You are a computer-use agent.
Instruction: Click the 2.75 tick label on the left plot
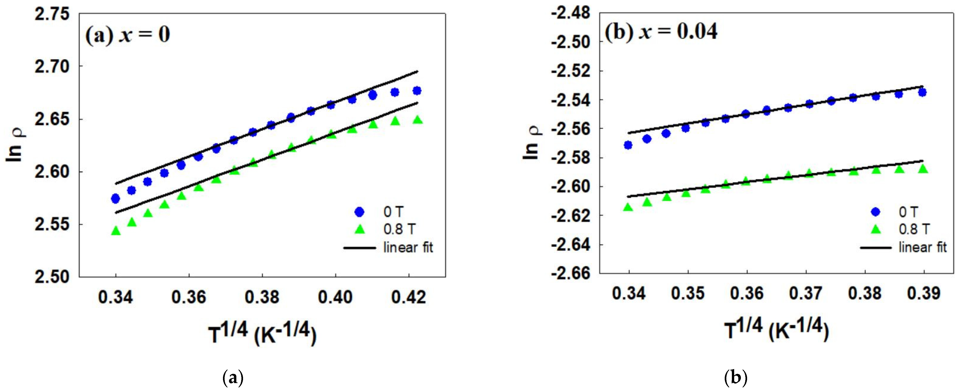click(x=52, y=14)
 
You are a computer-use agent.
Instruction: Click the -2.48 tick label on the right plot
click(x=571, y=13)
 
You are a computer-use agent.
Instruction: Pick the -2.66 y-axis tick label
click(x=571, y=273)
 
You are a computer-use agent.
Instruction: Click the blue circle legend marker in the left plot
click(x=359, y=212)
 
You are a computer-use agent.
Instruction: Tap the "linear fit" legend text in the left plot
click(x=408, y=247)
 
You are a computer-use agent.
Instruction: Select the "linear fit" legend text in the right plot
click(x=923, y=247)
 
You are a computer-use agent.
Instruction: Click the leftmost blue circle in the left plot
click(x=116, y=198)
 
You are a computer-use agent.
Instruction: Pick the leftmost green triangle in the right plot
click(x=628, y=207)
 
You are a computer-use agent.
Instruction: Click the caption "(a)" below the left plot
click(x=233, y=378)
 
